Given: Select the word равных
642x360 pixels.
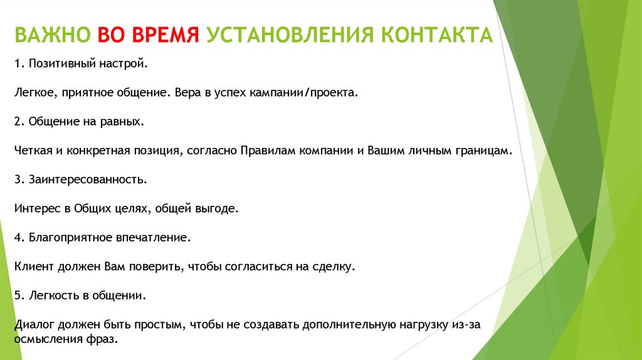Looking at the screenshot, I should coord(120,122).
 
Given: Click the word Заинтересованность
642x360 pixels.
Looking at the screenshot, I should coord(87,179).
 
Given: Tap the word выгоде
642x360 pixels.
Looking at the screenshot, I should coord(219,208).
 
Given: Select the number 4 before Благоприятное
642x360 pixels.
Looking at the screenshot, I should coord(16,237).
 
